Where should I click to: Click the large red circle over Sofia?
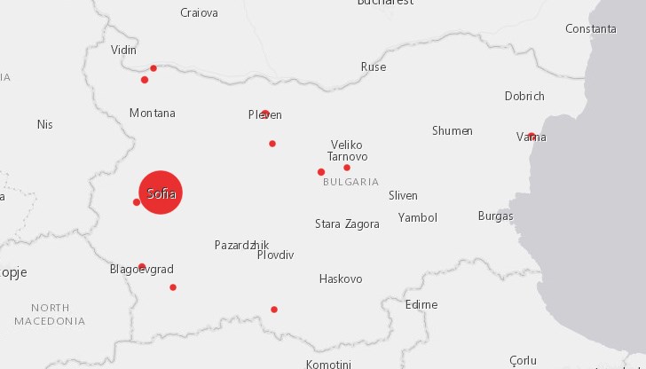(x=161, y=192)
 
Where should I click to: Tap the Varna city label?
(x=532, y=137)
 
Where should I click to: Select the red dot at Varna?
(x=532, y=136)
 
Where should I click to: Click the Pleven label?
(x=265, y=115)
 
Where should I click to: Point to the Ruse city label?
(x=374, y=67)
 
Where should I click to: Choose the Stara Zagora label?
(x=347, y=224)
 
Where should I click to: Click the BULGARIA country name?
(x=351, y=182)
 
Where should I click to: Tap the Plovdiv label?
(x=275, y=255)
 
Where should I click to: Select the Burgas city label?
(x=495, y=216)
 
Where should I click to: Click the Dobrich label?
(x=524, y=96)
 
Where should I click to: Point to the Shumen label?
(x=452, y=130)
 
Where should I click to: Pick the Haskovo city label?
(x=341, y=279)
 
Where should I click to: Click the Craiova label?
(x=199, y=12)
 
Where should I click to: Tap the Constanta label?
(x=591, y=28)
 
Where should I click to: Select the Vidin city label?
(x=123, y=50)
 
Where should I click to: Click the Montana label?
(x=153, y=113)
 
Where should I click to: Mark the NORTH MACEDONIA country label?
(x=50, y=314)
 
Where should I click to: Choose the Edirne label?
(x=421, y=304)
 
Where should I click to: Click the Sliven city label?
(x=403, y=195)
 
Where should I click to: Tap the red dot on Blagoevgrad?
(x=142, y=266)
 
